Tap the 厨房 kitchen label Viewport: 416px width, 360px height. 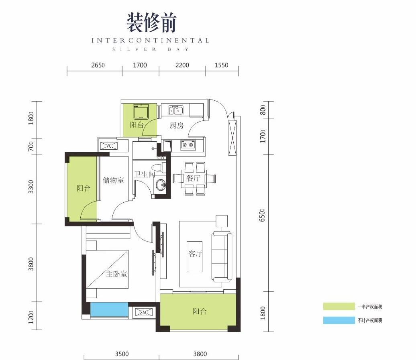(x=176, y=125)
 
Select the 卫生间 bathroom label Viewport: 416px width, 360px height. (x=144, y=175)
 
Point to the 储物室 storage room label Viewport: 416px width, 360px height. (x=114, y=180)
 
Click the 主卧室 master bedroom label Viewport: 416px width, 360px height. (x=116, y=274)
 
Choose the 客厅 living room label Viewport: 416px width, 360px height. (x=195, y=254)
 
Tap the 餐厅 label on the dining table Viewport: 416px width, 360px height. (x=193, y=178)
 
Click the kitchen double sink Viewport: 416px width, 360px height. (x=176, y=110)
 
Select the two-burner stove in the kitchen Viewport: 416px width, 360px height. (x=188, y=145)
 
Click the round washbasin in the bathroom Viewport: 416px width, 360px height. (x=161, y=185)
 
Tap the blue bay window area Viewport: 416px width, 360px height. (x=109, y=309)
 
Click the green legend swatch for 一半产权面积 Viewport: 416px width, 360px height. (x=339, y=307)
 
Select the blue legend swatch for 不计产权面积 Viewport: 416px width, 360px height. (x=339, y=320)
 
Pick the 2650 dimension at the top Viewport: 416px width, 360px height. (x=98, y=65)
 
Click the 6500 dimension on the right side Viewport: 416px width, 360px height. (x=262, y=215)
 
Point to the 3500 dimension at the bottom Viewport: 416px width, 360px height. (x=122, y=354)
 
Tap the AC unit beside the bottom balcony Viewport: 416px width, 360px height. (x=144, y=312)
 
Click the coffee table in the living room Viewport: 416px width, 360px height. (x=194, y=256)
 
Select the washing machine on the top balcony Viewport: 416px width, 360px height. (x=141, y=112)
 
